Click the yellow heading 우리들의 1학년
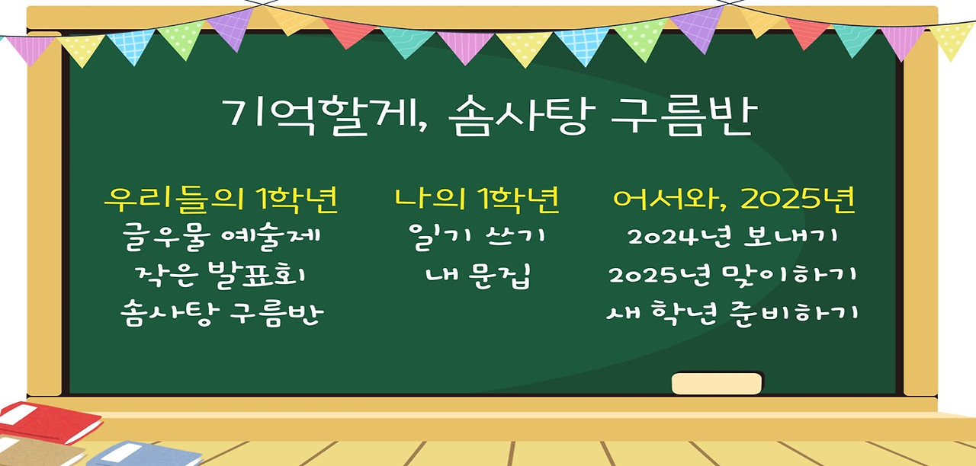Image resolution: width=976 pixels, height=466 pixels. coord(220,199)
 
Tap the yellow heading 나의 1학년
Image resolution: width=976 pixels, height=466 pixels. coord(477,199)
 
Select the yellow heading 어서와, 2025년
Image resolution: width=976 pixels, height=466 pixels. coord(734,199)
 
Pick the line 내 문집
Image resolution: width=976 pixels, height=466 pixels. coord(477,275)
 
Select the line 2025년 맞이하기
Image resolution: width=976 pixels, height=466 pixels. coord(733,275)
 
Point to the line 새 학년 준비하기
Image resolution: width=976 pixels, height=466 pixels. coord(733,313)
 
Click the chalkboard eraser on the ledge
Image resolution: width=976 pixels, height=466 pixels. coord(717,383)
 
